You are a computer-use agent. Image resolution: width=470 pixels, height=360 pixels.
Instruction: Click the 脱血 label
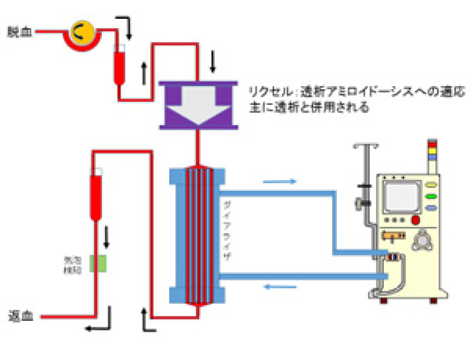click(18, 31)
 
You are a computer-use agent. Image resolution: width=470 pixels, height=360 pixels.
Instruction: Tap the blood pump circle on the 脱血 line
click(80, 30)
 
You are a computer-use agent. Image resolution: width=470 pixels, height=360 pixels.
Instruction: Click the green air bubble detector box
click(99, 263)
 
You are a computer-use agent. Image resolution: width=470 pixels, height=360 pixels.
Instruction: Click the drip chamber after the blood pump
click(120, 63)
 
